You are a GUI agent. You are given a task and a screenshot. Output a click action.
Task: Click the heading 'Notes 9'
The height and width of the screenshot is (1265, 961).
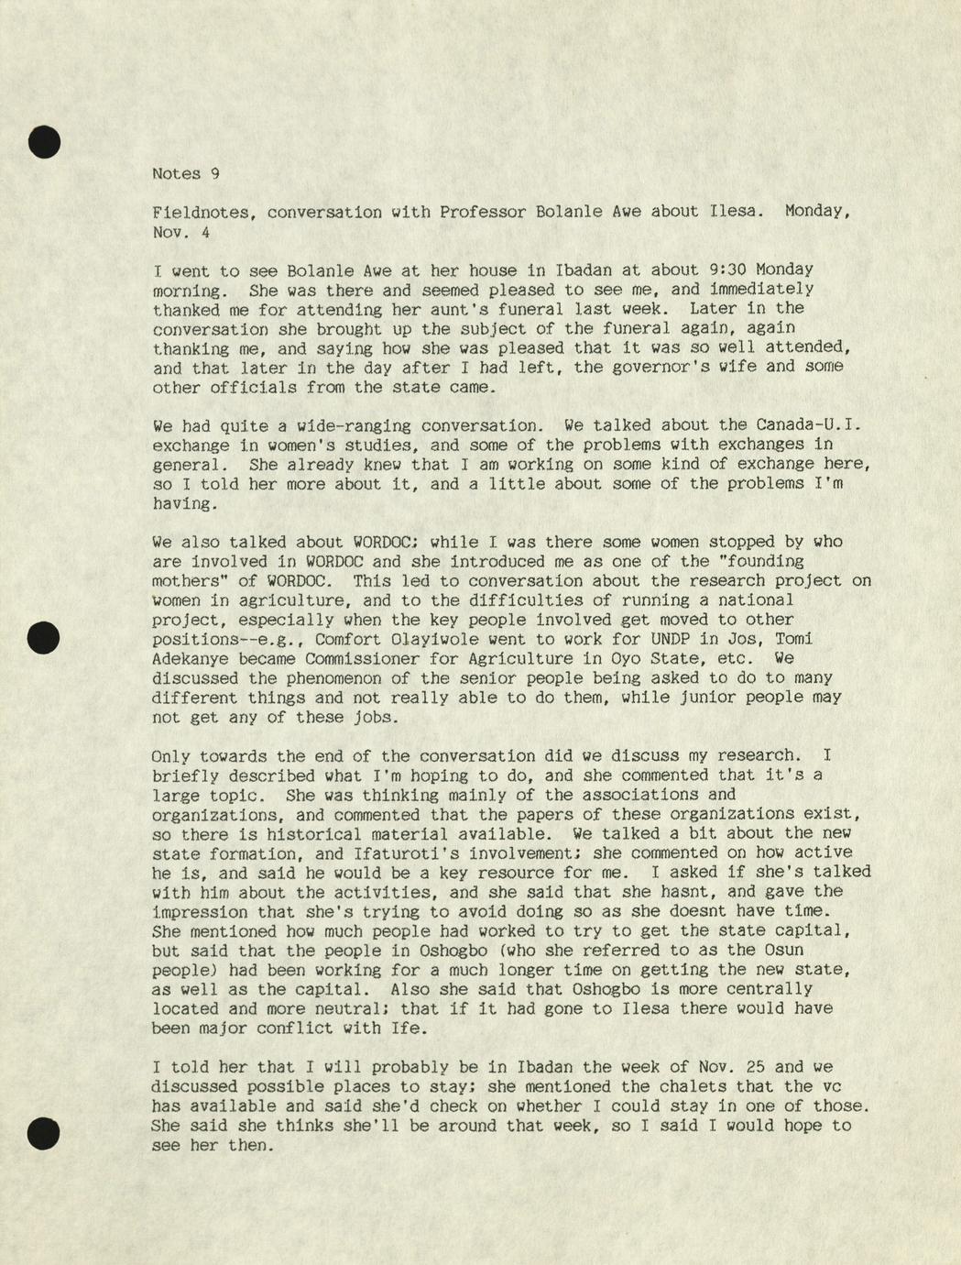click(185, 173)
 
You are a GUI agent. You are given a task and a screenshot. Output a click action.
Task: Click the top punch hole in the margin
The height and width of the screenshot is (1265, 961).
click(43, 141)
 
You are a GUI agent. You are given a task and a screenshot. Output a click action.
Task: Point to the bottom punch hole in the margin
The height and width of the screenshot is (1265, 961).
click(43, 1134)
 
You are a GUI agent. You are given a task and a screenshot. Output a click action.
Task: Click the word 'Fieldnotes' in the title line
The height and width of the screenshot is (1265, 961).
click(200, 212)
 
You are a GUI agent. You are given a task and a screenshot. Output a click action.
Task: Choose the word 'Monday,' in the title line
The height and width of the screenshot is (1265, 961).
click(818, 212)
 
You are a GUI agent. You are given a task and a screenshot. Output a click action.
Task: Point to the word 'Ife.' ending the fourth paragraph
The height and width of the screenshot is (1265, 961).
click(410, 1028)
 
